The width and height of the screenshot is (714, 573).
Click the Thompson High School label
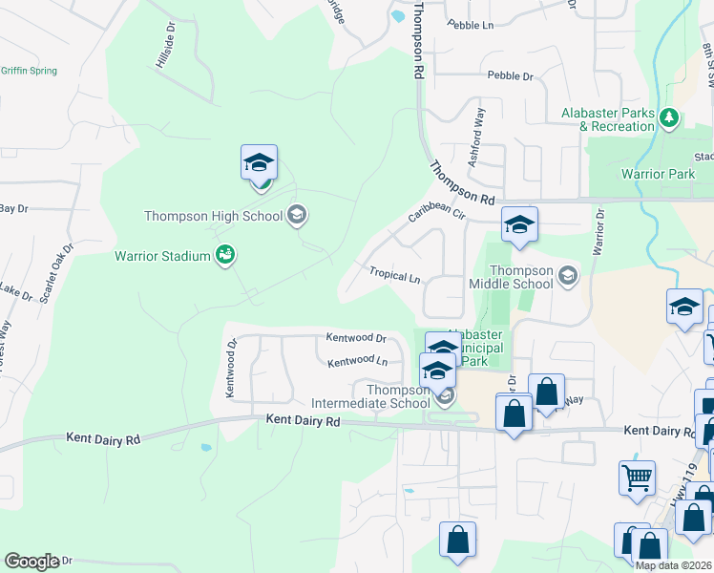click(213, 216)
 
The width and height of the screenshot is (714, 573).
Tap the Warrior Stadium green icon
click(226, 255)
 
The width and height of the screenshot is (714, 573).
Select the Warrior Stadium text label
click(162, 256)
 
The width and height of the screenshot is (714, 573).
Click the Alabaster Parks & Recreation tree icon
click(670, 117)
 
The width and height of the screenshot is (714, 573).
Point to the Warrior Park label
click(658, 174)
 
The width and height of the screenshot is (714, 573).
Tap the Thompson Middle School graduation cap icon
click(568, 277)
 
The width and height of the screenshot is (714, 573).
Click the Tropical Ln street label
click(395, 276)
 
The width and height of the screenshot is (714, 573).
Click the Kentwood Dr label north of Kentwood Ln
click(355, 338)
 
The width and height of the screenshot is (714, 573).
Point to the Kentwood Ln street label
click(357, 362)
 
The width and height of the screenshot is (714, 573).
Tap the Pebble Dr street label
click(510, 75)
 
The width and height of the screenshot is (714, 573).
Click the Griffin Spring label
click(29, 71)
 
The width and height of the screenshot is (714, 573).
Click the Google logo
click(31, 561)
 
